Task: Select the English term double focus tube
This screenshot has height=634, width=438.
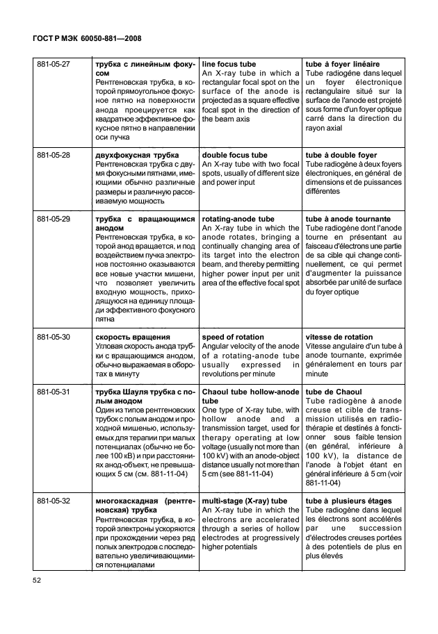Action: pyautogui.click(x=234, y=155)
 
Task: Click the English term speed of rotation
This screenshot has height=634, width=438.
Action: pyautogui.click(x=233, y=337)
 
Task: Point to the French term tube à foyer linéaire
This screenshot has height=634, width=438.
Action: pyautogui.click(x=342, y=64)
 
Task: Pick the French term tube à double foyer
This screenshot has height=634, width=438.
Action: pyautogui.click(x=341, y=155)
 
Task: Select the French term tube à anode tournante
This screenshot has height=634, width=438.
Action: pyautogui.click(x=348, y=219)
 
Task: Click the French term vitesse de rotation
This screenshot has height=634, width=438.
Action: pyautogui.click(x=339, y=337)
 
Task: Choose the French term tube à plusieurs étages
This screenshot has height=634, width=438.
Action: pyautogui.click(x=348, y=501)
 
